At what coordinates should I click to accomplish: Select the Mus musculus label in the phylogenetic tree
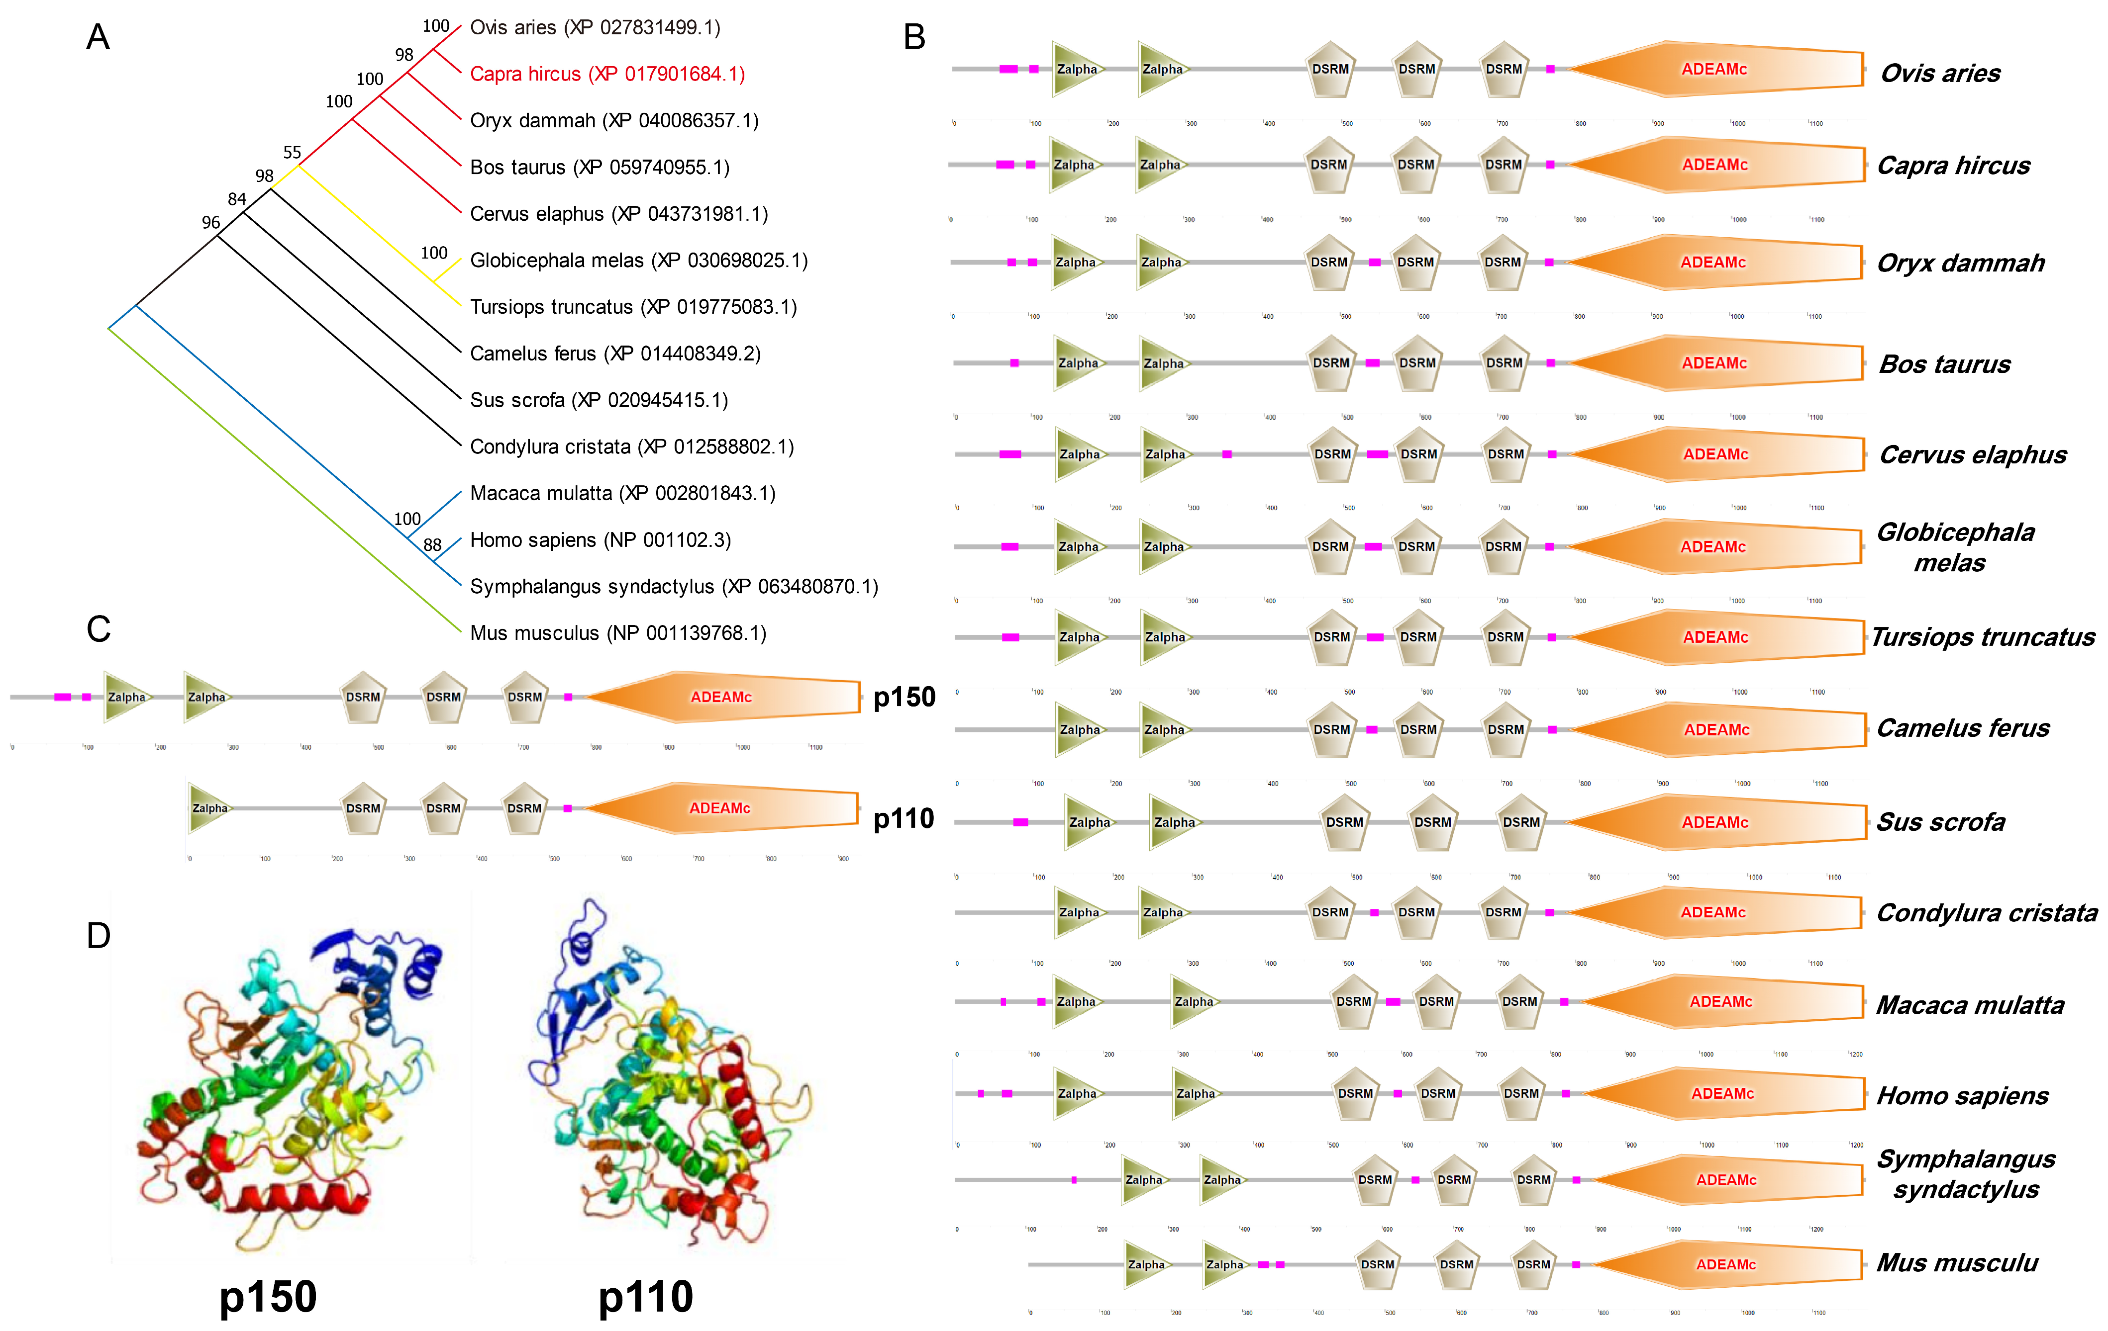[617, 632]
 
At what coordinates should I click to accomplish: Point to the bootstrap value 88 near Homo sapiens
[432, 545]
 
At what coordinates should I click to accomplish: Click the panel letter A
[98, 38]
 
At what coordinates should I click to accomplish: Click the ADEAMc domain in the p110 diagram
[719, 808]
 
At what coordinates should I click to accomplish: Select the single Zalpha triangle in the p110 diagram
[210, 808]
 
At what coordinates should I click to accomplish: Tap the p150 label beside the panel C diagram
[904, 698]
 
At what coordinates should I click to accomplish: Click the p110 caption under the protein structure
[645, 1297]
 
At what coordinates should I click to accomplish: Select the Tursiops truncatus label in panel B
[1983, 637]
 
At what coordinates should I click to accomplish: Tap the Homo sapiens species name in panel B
[1962, 1096]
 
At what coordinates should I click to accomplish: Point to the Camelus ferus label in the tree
[614, 354]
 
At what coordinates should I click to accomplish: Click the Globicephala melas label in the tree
[638, 261]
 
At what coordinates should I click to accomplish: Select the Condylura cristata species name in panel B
[1986, 913]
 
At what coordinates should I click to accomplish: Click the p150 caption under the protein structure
[268, 1297]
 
